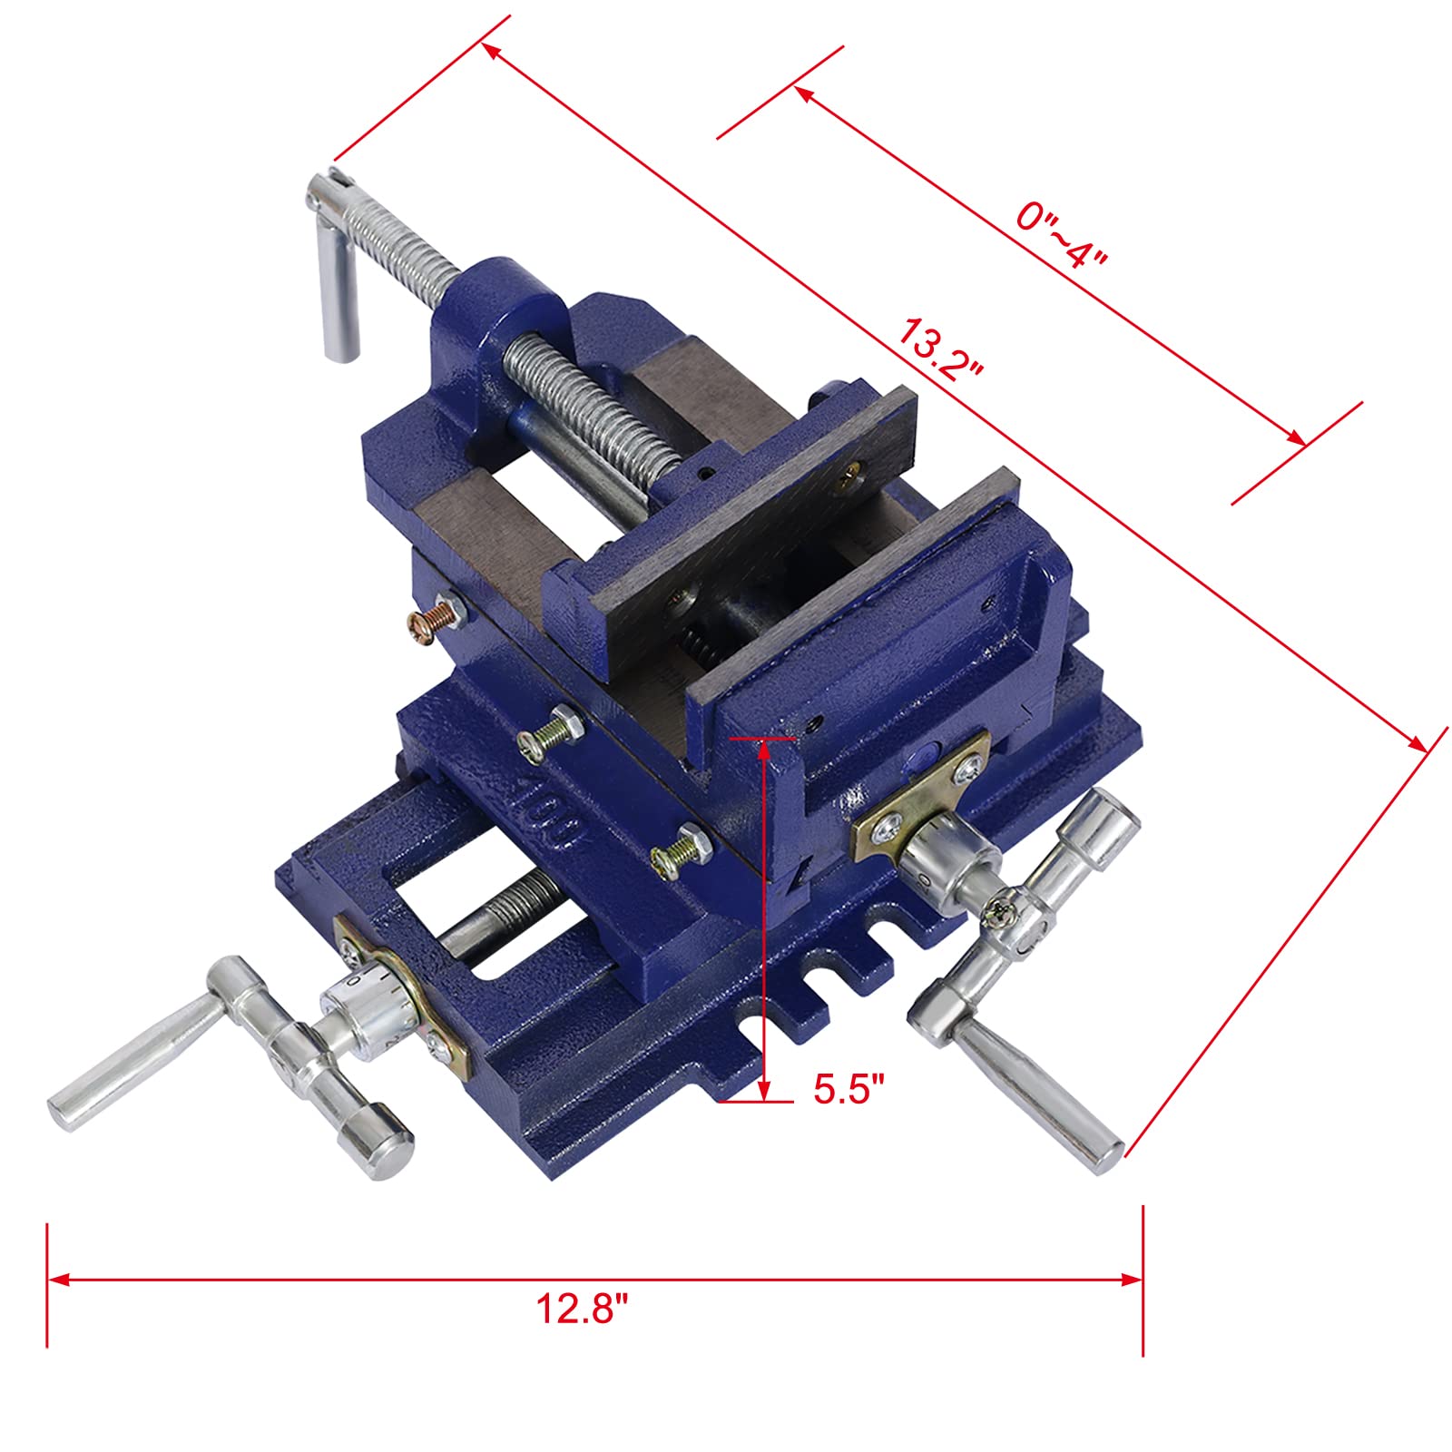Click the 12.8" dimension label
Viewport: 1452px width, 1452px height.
click(581, 1309)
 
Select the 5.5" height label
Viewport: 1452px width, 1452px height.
click(848, 1088)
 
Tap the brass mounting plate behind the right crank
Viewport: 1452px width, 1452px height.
click(921, 799)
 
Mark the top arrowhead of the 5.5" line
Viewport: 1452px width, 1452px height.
click(765, 748)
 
